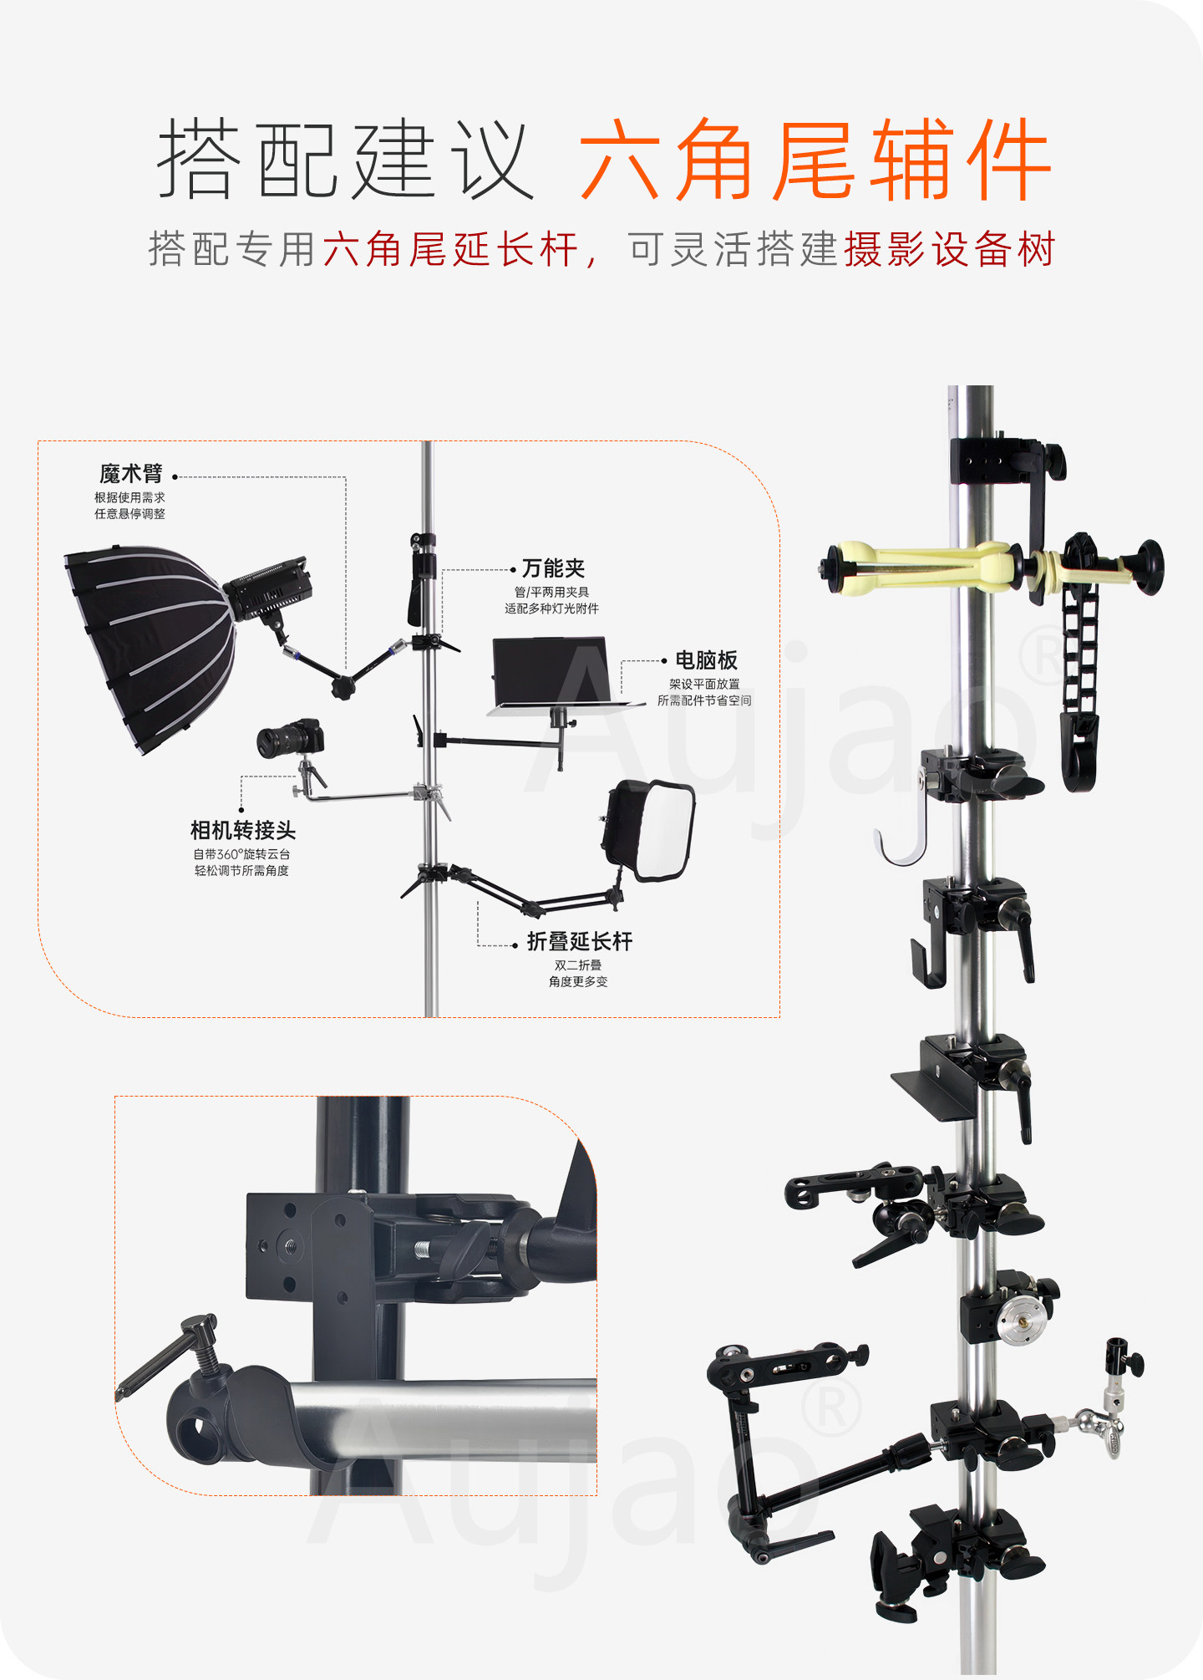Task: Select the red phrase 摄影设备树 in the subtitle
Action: (x=950, y=249)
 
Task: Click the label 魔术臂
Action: (x=131, y=474)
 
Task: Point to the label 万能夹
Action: (x=553, y=568)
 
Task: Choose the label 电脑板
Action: (x=706, y=660)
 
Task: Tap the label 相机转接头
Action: (x=243, y=830)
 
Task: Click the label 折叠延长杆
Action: (x=580, y=941)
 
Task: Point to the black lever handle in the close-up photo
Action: (x=167, y=1355)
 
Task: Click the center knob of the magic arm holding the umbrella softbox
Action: (x=343, y=687)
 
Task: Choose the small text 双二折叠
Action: (x=578, y=965)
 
